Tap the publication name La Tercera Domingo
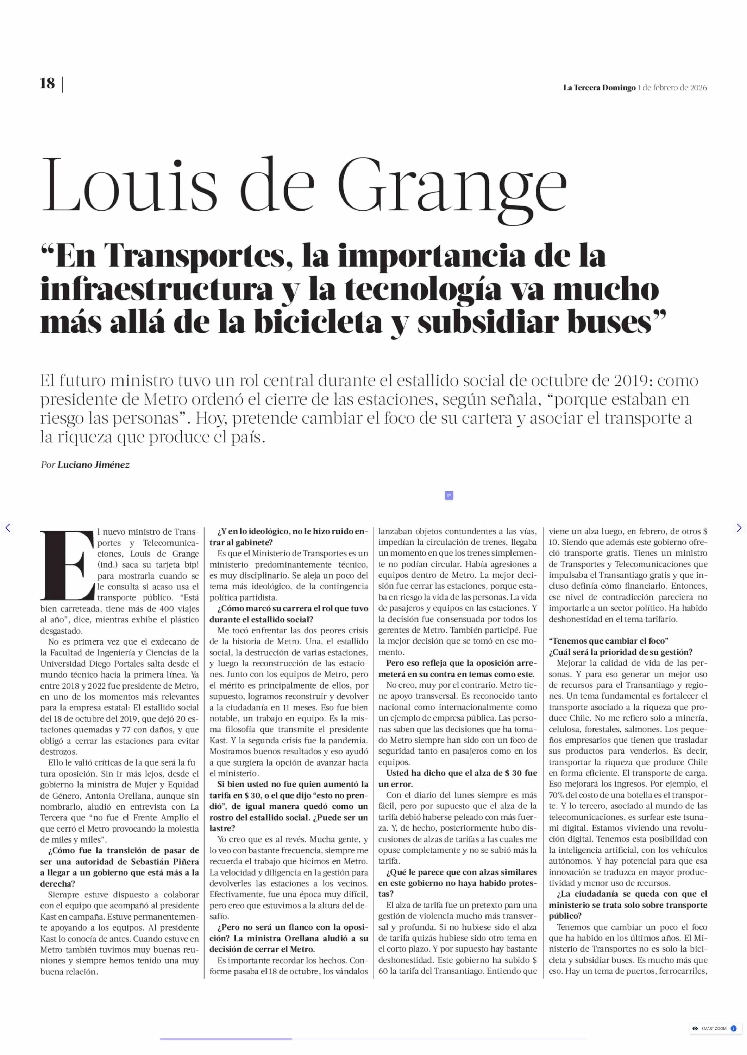pos(599,88)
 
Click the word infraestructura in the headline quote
pos(156,289)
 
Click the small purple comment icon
pos(449,495)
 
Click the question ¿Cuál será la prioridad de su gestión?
pos(620,652)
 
